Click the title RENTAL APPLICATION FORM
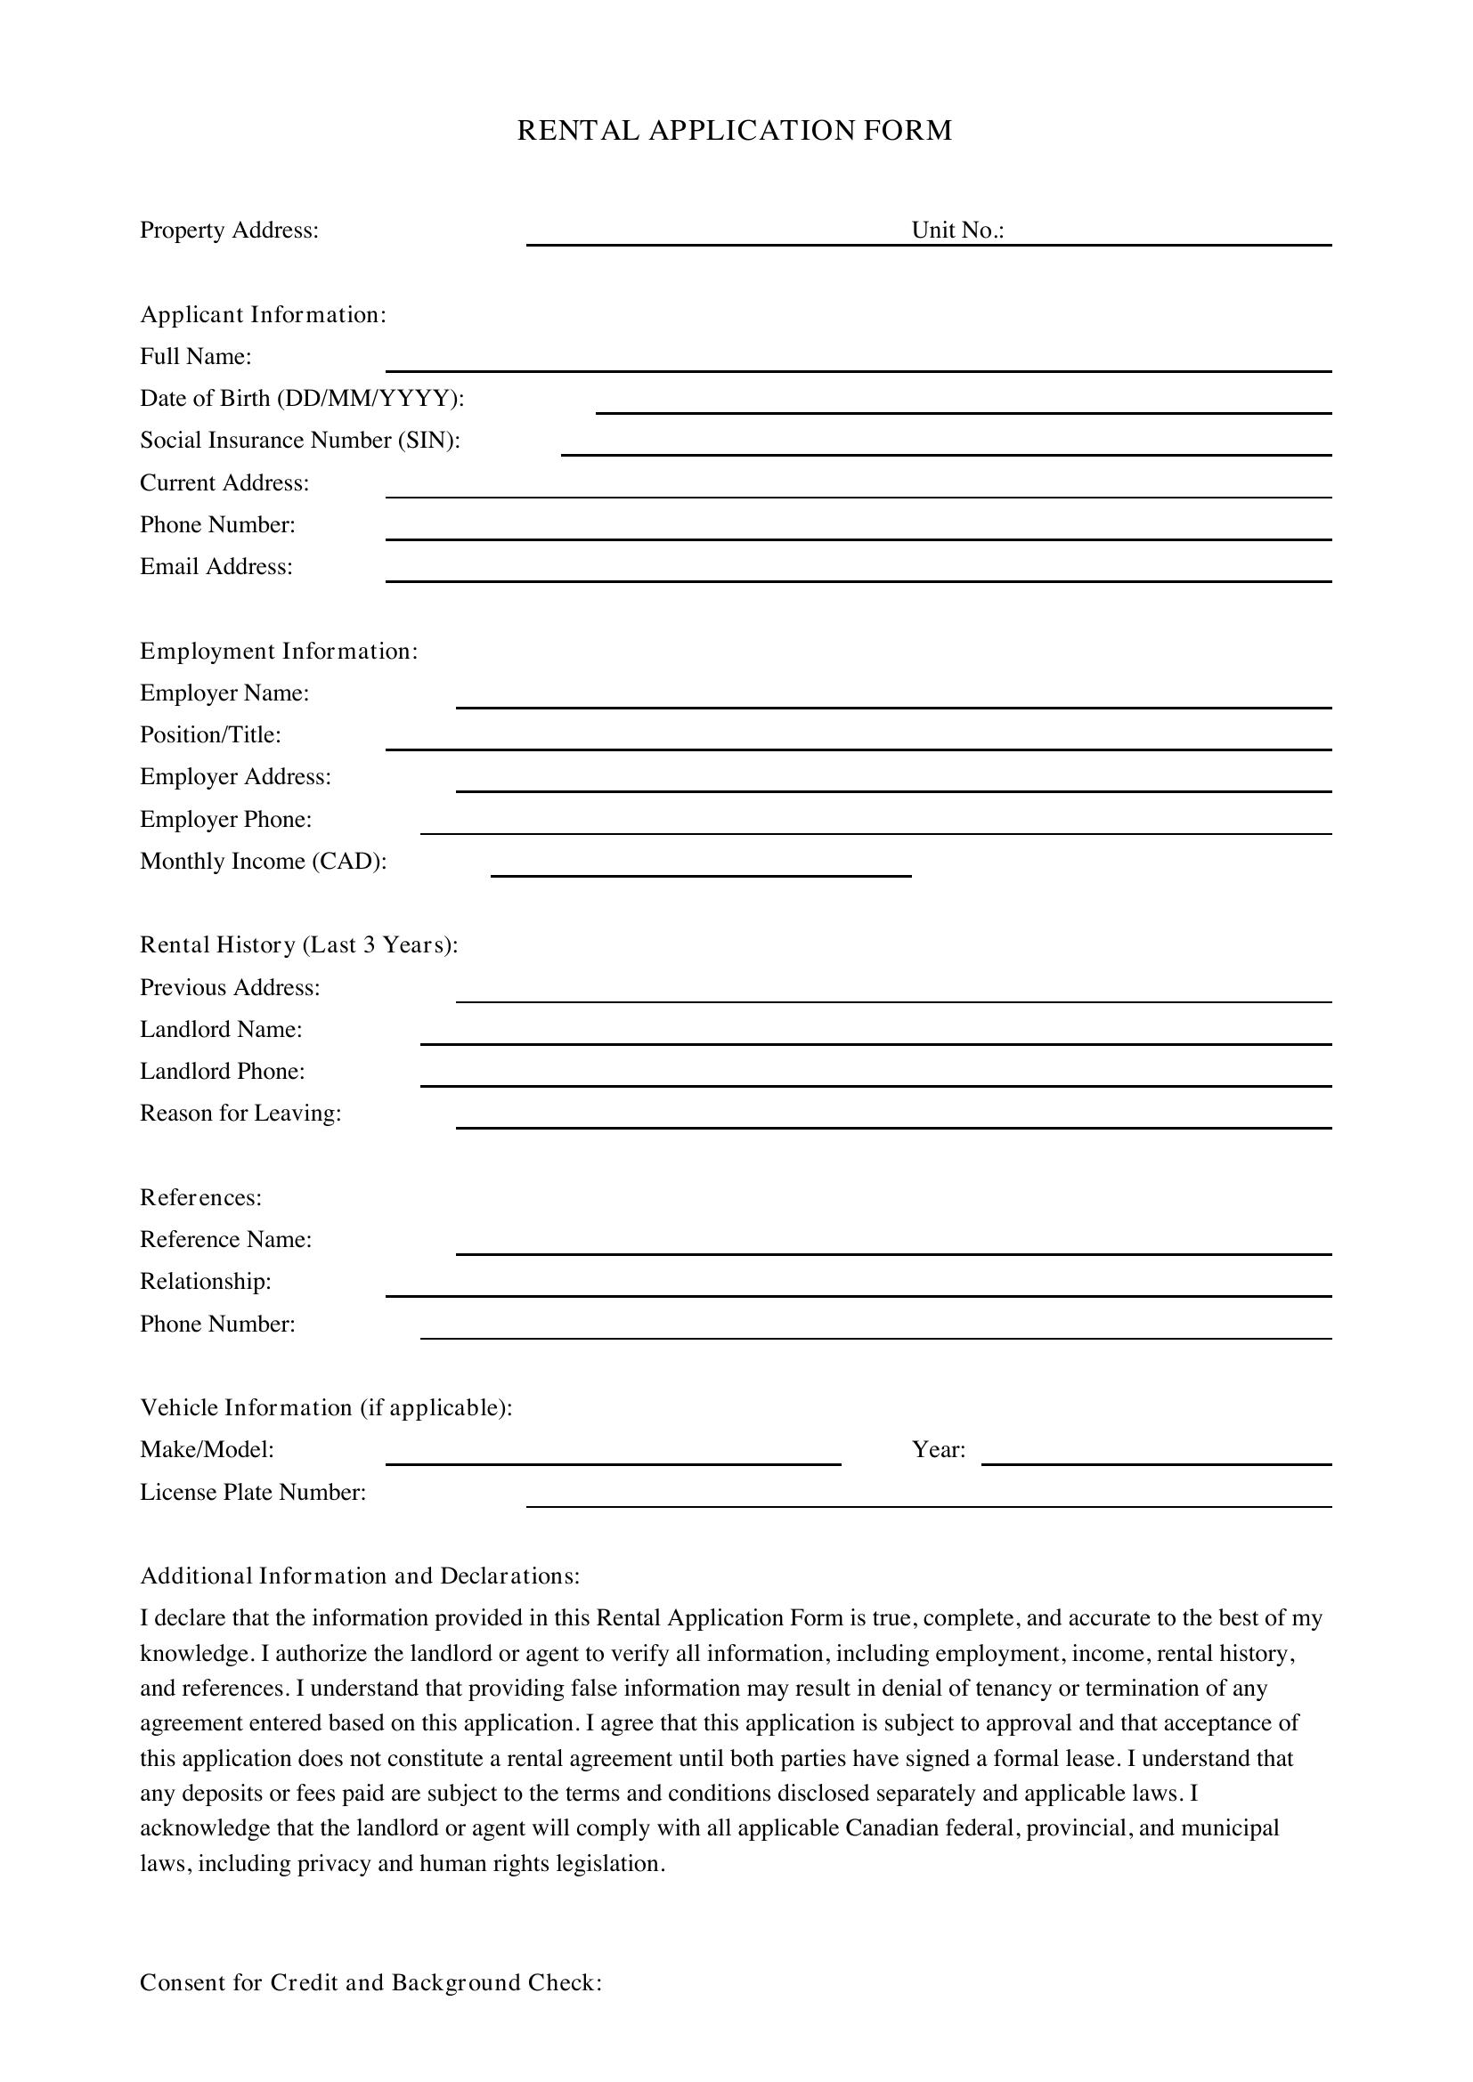click(735, 131)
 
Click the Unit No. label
click(958, 231)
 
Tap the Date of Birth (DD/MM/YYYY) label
click(301, 398)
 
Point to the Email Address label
click(216, 567)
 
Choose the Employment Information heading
click(279, 651)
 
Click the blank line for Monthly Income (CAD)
click(700, 868)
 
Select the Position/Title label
click(210, 734)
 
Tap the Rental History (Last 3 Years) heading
click(298, 945)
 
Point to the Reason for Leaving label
click(240, 1113)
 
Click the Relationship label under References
click(205, 1281)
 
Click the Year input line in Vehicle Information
click(1156, 1455)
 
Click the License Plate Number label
click(252, 1493)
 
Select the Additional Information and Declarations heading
click(359, 1576)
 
